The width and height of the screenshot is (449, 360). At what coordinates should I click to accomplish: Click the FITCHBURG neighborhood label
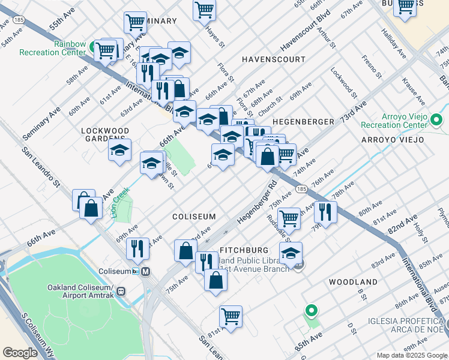click(x=244, y=250)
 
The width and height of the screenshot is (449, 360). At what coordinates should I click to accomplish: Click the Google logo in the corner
click(x=20, y=352)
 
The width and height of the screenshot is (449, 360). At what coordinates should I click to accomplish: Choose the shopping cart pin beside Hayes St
click(x=204, y=10)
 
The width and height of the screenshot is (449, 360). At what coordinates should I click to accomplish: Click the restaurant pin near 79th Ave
click(x=325, y=212)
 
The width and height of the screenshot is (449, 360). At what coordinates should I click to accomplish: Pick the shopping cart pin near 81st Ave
click(x=231, y=316)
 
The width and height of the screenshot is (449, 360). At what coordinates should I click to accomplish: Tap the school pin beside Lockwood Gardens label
click(x=120, y=149)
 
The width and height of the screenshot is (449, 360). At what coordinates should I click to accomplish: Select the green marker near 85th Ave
click(x=311, y=311)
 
